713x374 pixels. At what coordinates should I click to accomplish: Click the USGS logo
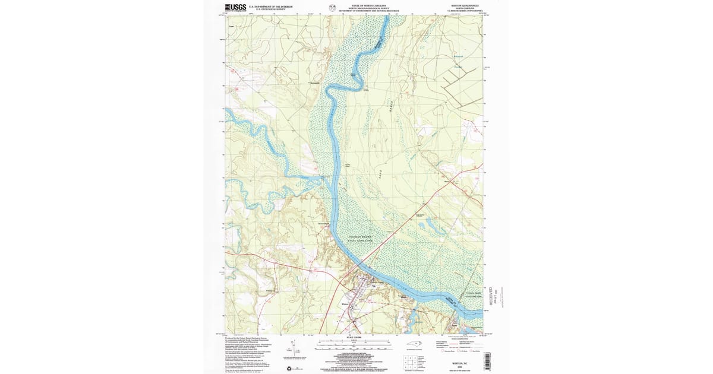(235, 8)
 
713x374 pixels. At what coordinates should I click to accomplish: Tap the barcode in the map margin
(487, 361)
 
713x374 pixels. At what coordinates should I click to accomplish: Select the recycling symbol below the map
(289, 368)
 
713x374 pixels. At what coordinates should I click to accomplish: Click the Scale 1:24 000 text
(354, 338)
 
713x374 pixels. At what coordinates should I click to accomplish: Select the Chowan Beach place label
(324, 224)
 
